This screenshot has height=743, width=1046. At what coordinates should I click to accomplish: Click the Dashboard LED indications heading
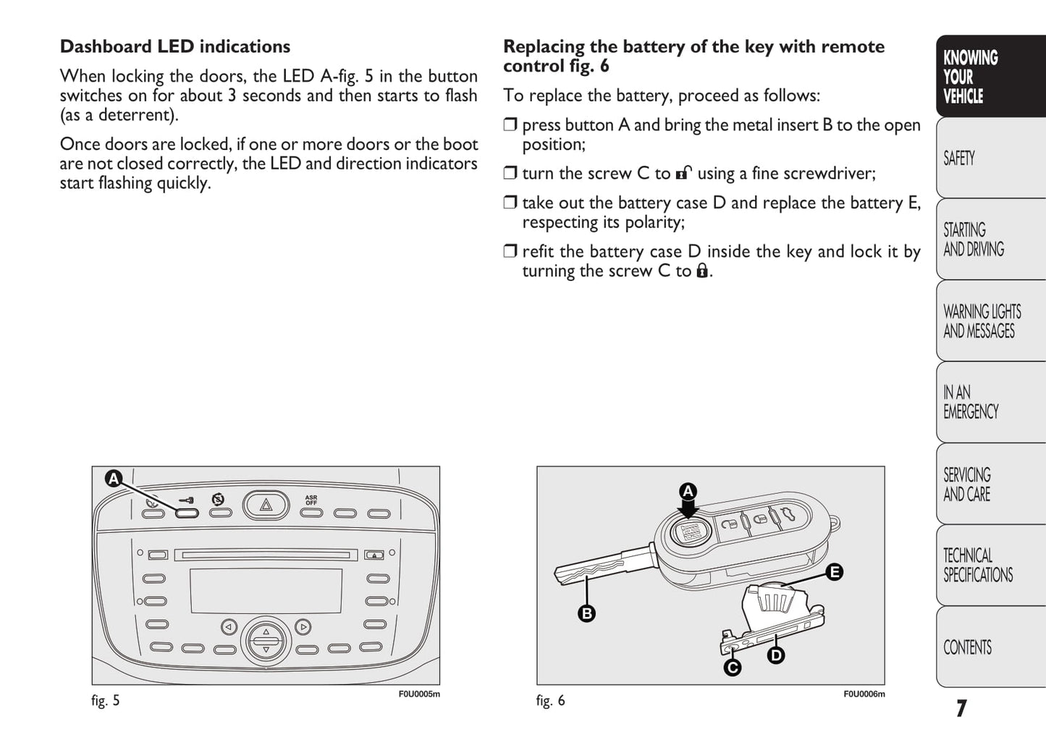click(174, 47)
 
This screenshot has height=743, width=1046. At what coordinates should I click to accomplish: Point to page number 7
click(961, 708)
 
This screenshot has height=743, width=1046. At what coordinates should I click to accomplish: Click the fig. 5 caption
click(106, 700)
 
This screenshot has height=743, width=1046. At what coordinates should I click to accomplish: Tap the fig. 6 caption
click(550, 700)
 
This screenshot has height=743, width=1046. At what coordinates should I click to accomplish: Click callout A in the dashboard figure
click(113, 479)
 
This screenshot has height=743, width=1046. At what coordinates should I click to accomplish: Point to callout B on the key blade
click(586, 613)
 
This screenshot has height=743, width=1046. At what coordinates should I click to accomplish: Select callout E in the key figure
click(834, 572)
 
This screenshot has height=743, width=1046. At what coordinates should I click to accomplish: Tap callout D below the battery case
click(775, 656)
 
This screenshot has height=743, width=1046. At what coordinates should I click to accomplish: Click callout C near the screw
click(733, 667)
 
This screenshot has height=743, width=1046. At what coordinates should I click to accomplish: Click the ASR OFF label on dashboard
click(311, 500)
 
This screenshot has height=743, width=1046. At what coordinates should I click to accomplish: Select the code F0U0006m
click(864, 694)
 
